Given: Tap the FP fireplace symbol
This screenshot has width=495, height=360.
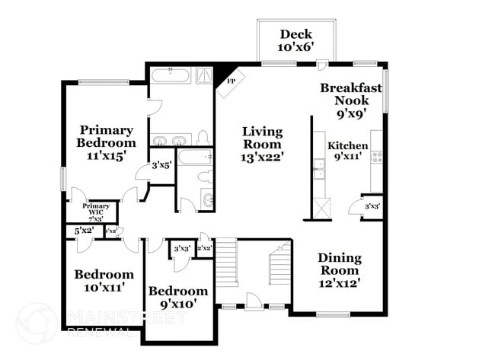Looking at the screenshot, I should coord(231,80).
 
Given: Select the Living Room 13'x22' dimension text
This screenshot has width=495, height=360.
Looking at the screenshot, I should coord(263,157).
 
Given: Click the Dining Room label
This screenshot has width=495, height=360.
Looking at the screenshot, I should coord(339,270).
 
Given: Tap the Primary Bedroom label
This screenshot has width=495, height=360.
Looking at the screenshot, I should coord(106,137).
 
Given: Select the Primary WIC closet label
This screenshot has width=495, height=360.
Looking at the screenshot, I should coord(97,211).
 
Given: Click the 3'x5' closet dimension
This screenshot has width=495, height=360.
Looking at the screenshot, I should coord(161,164).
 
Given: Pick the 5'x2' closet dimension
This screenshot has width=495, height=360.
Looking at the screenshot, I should coord(83,231).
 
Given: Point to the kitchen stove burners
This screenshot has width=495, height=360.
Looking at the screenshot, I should coord(376,157).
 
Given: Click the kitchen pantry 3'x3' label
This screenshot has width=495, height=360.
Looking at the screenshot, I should coord(372,206).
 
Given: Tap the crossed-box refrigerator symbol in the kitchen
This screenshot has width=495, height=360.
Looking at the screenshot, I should coord(323,205).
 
